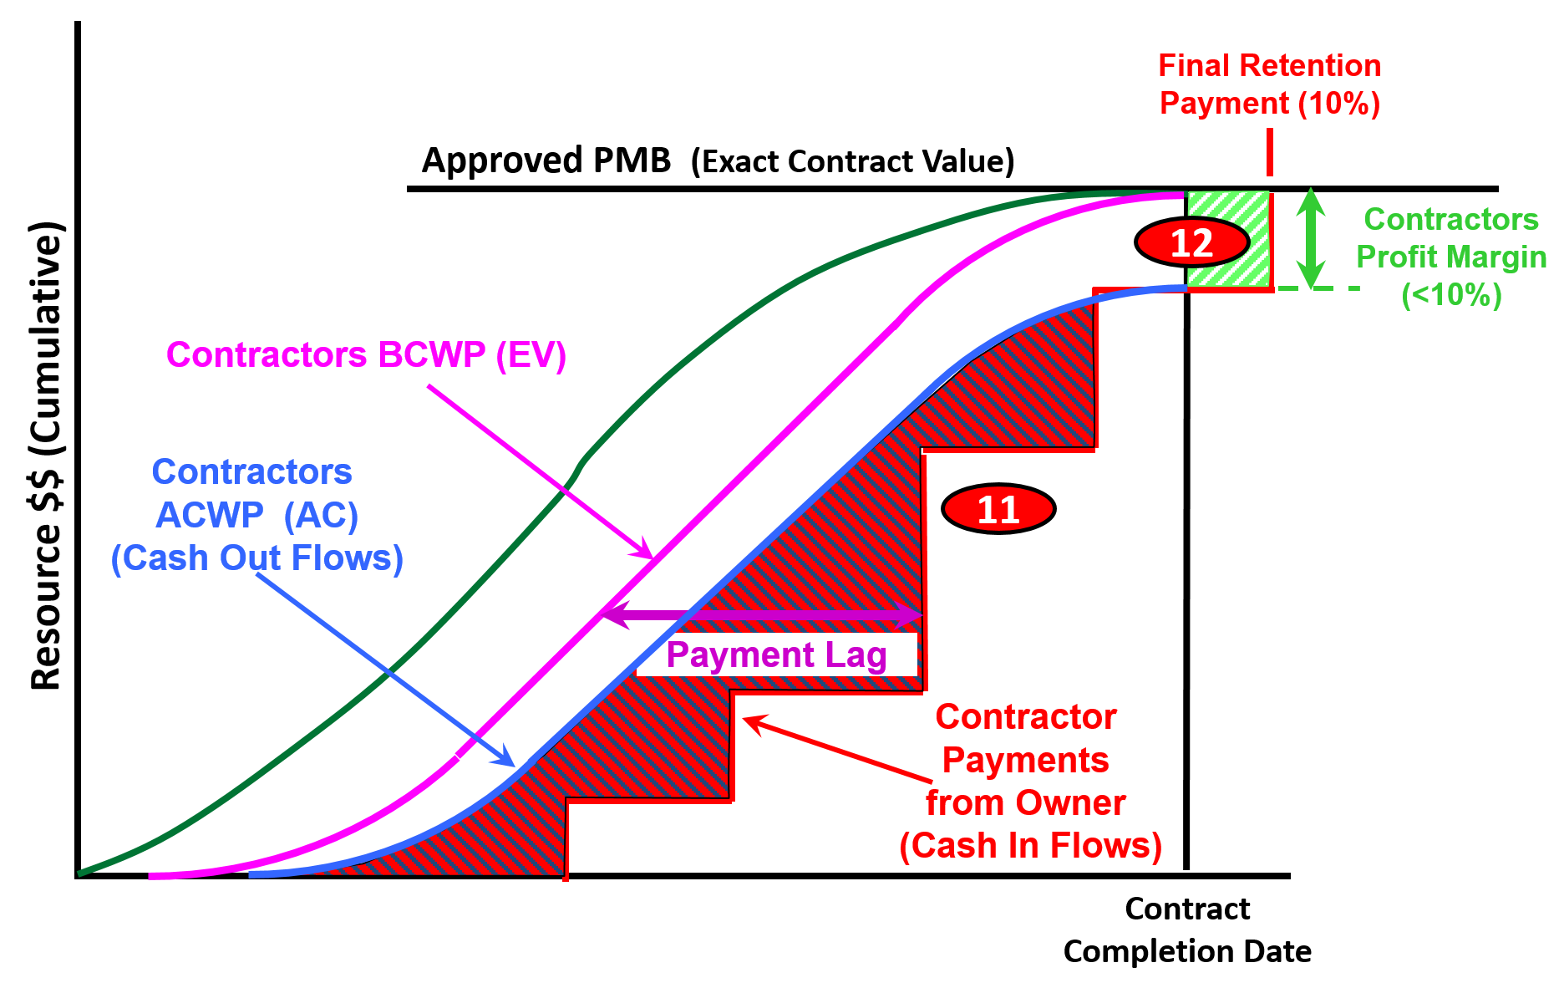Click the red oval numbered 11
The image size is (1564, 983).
click(x=998, y=508)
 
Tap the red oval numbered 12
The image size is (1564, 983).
click(x=1191, y=242)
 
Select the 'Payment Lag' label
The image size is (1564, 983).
click(x=776, y=654)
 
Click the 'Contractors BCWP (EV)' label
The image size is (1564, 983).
click(x=366, y=354)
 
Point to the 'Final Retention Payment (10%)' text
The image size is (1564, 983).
click(x=1269, y=84)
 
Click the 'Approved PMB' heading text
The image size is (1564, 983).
click(x=546, y=160)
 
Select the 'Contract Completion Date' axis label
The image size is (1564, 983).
click(x=1187, y=930)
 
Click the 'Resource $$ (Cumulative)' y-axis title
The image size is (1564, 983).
click(x=46, y=456)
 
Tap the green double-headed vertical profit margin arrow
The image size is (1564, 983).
click(x=1311, y=238)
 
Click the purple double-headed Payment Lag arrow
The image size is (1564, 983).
click(x=762, y=616)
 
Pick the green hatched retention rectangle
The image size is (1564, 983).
click(x=1228, y=240)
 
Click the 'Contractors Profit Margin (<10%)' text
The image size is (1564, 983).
click(x=1451, y=257)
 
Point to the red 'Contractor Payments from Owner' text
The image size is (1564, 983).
click(x=1026, y=760)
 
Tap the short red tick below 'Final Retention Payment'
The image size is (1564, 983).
click(x=1270, y=152)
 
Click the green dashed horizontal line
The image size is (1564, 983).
click(x=1318, y=288)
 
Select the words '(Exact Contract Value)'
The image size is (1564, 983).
click(x=852, y=161)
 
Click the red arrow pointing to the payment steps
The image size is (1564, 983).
click(x=836, y=750)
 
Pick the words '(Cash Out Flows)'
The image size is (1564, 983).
click(x=257, y=558)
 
